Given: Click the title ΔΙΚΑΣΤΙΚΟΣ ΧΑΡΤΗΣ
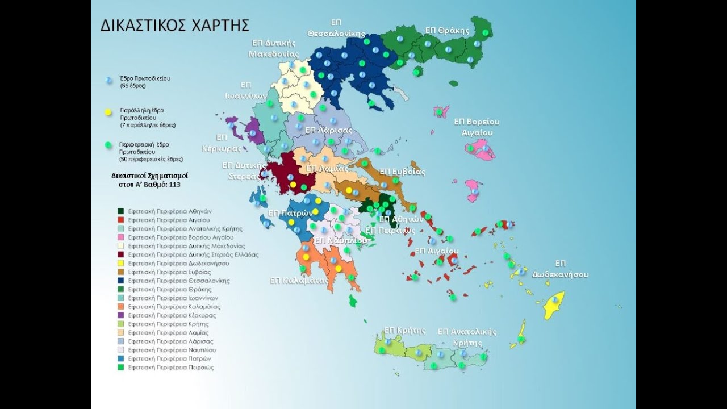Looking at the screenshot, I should (174, 26).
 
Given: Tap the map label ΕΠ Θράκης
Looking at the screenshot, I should (447, 31).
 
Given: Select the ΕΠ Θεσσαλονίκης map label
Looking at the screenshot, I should (336, 28).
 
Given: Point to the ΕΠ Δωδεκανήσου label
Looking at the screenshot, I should (560, 269).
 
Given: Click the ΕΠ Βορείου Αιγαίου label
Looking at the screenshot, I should (477, 127).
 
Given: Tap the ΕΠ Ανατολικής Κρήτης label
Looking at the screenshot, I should (467, 337).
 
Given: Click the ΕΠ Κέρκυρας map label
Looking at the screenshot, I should (222, 143).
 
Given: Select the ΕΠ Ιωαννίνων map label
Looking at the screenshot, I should (245, 90).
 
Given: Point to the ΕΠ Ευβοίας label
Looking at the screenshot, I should (402, 172).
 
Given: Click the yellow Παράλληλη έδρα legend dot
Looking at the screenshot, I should (108, 112).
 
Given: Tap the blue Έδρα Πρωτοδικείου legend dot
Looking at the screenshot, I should (108, 80).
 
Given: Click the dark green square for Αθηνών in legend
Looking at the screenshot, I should (121, 211).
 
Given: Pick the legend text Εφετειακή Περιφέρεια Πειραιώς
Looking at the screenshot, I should (170, 368).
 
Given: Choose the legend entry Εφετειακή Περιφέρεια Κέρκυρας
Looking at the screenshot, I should (172, 315).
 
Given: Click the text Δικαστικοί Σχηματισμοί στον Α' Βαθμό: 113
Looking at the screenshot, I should (150, 180).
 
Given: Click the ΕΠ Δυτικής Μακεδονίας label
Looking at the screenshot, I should (274, 48).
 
